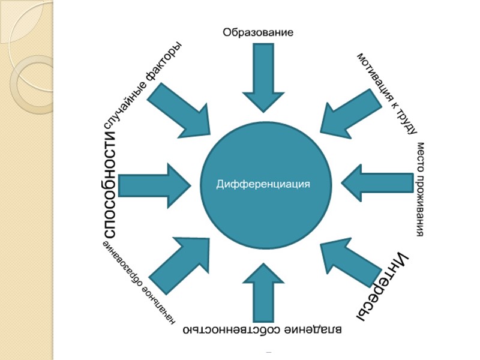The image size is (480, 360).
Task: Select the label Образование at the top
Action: [258, 32]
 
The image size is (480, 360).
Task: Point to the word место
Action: [420, 155]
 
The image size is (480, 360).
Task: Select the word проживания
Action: [420, 205]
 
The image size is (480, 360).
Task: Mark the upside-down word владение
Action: [319, 329]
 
